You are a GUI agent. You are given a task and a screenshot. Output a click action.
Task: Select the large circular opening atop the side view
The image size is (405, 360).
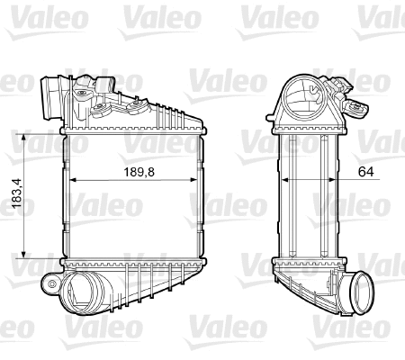[307, 94]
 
